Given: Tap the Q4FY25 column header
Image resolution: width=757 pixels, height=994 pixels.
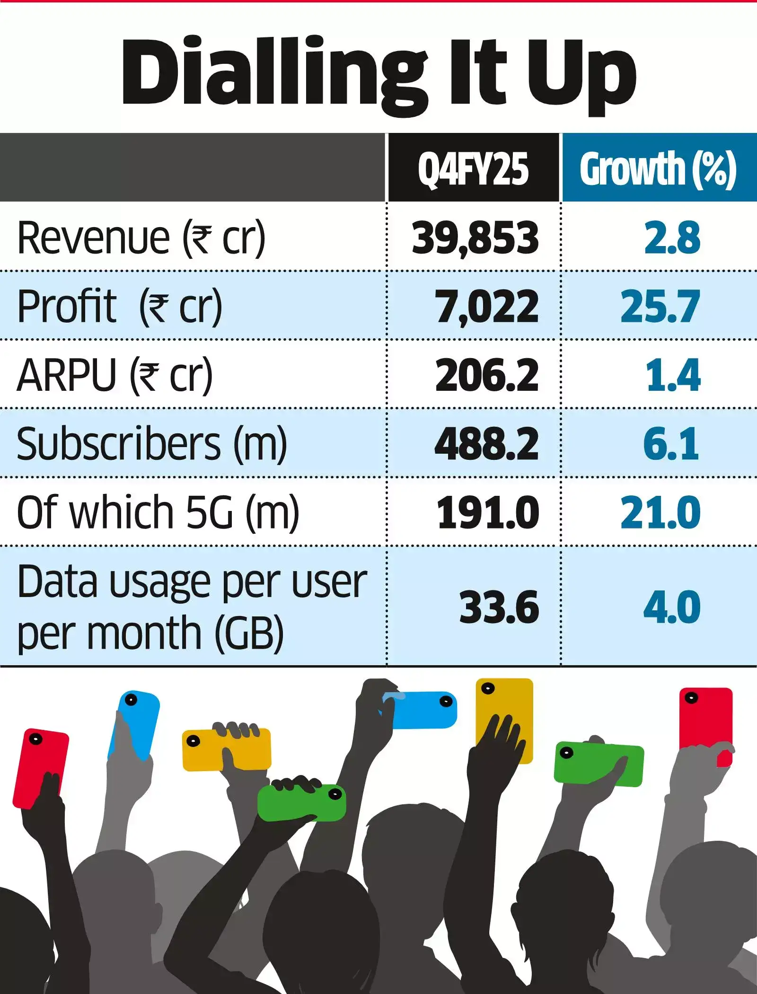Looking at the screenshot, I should pyautogui.click(x=473, y=169).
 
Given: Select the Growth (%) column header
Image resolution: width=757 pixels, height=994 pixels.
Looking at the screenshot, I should pyautogui.click(x=658, y=169).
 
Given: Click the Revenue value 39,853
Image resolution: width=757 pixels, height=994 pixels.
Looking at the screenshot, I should pyautogui.click(x=475, y=238).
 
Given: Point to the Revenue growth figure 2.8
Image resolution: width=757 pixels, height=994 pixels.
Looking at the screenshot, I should pyautogui.click(x=672, y=238).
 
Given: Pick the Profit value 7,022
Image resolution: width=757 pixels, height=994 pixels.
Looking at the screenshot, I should pyautogui.click(x=487, y=307).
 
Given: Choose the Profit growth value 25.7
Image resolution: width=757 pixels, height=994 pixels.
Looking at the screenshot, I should pyautogui.click(x=660, y=307).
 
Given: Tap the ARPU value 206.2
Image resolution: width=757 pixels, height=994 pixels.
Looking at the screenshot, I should pyautogui.click(x=487, y=375).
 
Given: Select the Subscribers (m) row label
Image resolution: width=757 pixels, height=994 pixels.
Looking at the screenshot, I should pyautogui.click(x=152, y=444).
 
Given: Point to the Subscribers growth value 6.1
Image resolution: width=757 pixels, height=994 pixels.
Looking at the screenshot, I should pyautogui.click(x=671, y=444).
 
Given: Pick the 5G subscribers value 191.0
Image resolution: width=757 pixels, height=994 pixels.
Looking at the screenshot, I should pyautogui.click(x=488, y=512).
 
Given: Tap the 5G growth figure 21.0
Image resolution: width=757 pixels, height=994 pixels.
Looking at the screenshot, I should pyautogui.click(x=660, y=512).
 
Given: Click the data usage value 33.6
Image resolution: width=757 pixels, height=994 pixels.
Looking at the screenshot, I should pyautogui.click(x=499, y=607).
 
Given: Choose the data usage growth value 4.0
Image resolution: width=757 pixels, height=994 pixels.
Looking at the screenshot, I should pyautogui.click(x=672, y=607).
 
